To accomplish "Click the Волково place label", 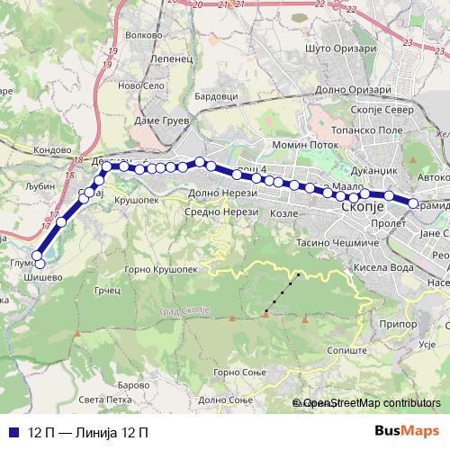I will pos(144,35).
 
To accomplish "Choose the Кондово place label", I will pos(50,150).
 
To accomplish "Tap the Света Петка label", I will pos(101,400).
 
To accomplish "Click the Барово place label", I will pos(135,385).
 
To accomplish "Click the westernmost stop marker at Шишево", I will pos(39,263).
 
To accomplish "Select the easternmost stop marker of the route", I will pos(414,204).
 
